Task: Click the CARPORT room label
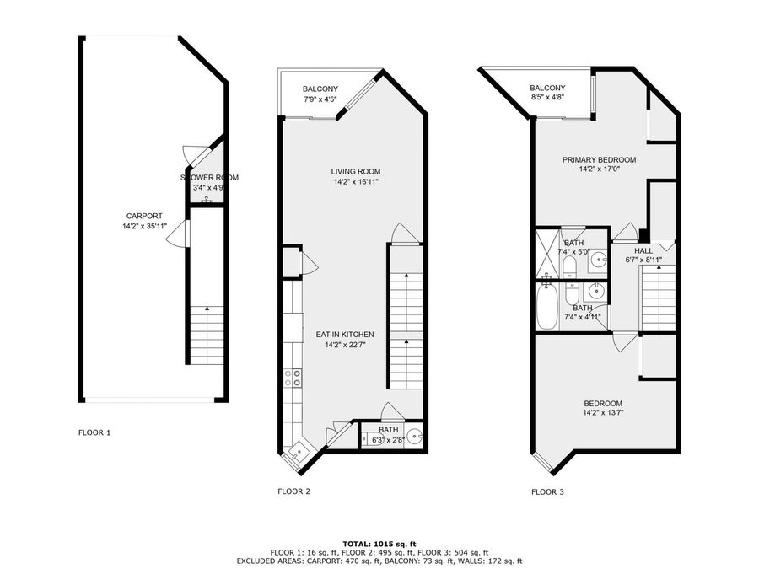click(144, 217)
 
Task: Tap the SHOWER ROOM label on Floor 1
click(209, 178)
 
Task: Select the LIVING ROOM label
click(356, 171)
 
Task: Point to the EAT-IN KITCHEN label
click(345, 335)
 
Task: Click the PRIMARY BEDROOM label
click(600, 159)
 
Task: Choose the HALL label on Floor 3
click(643, 250)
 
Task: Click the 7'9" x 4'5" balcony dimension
click(320, 99)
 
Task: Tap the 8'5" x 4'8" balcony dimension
click(547, 97)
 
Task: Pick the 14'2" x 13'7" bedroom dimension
click(603, 413)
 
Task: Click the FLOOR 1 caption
click(94, 432)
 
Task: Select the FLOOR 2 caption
click(293, 491)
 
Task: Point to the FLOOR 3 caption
click(547, 492)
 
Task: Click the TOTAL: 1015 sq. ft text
click(379, 545)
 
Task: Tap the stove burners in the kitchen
click(293, 378)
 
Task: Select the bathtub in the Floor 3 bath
click(547, 307)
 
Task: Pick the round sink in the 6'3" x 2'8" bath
click(414, 437)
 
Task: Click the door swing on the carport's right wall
click(176, 234)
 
